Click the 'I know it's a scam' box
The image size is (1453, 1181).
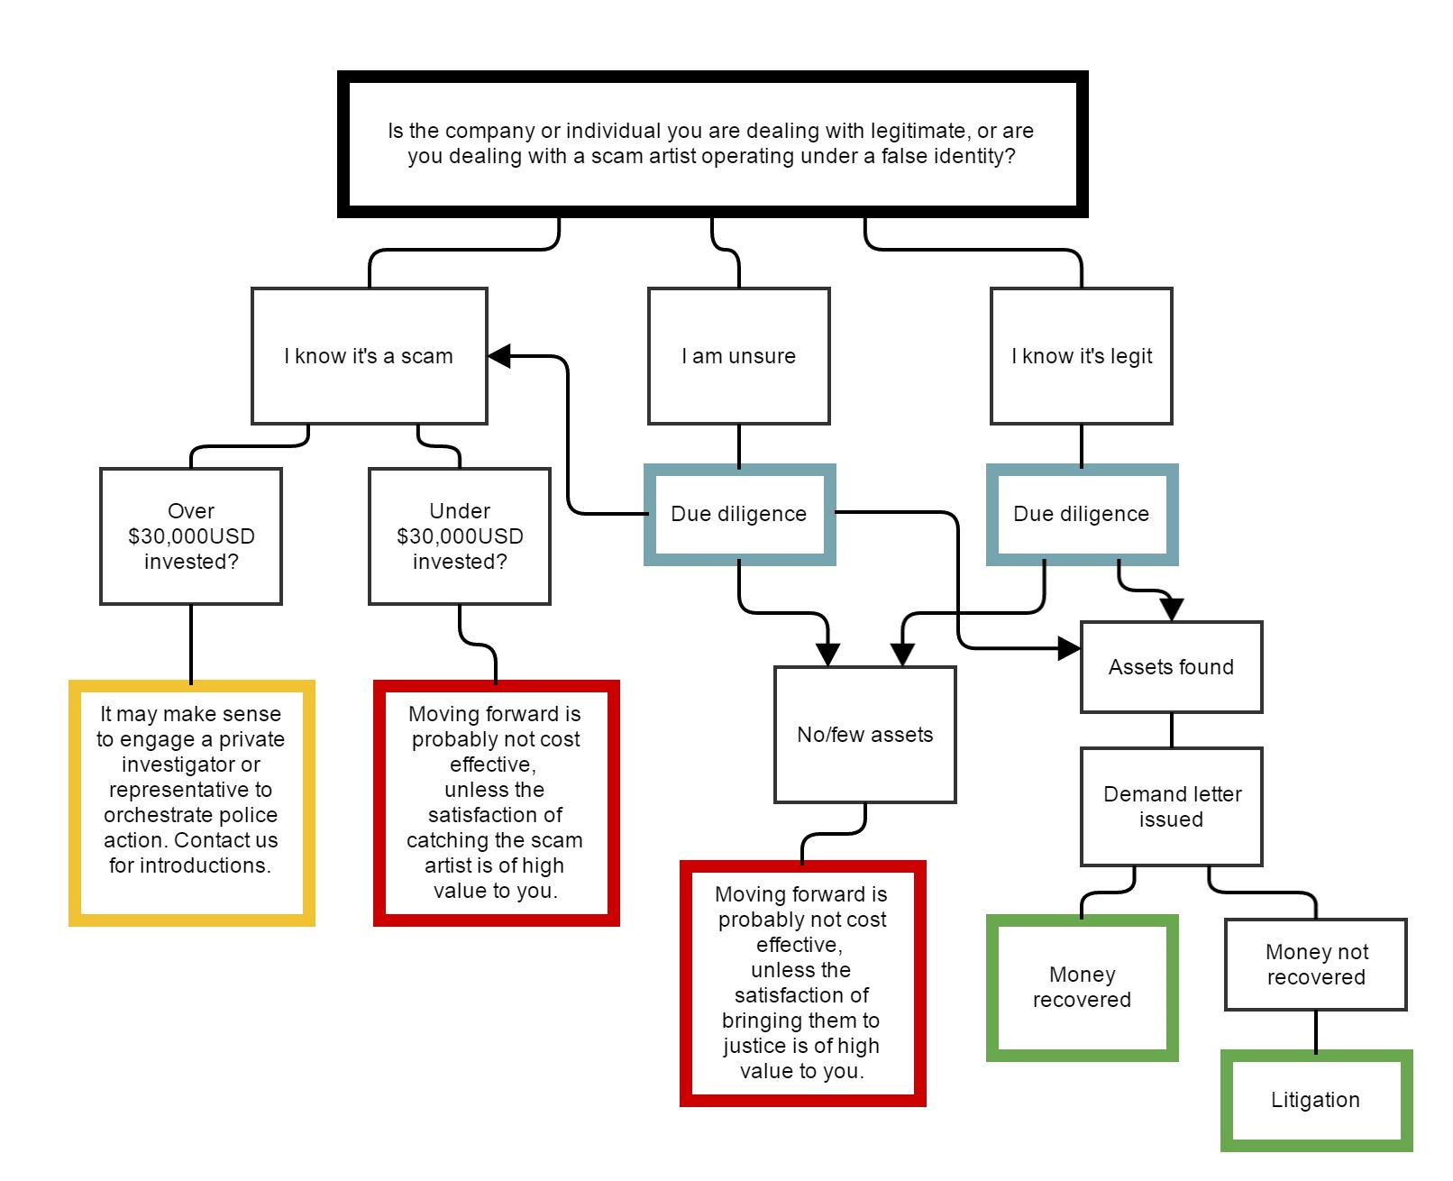point(369,355)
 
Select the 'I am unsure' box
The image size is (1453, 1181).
point(739,355)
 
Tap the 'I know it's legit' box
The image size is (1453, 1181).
point(1082,355)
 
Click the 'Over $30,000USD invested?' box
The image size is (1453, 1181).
point(191,536)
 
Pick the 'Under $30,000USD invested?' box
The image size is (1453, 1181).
point(460,536)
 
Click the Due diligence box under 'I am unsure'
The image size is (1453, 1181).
point(739,514)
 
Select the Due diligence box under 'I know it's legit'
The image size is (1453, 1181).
point(1082,514)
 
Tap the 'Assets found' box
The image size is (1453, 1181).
point(1171,666)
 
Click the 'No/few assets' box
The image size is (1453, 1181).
point(865,734)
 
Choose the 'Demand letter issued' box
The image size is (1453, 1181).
point(1171,807)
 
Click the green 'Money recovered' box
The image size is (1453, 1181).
point(1082,987)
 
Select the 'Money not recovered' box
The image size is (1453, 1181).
point(1316,964)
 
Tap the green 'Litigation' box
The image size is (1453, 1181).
point(1316,1101)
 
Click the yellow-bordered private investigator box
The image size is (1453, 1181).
point(192,802)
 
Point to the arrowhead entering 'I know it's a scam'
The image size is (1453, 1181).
point(499,355)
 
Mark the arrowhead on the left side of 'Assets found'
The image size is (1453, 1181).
point(1069,648)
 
